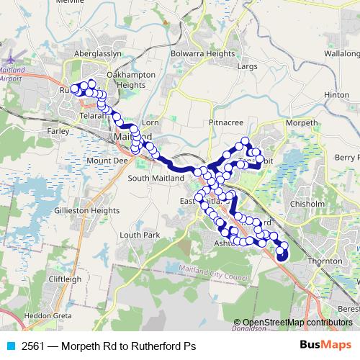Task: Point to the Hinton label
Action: [336, 95]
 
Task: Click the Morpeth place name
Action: [302, 123]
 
